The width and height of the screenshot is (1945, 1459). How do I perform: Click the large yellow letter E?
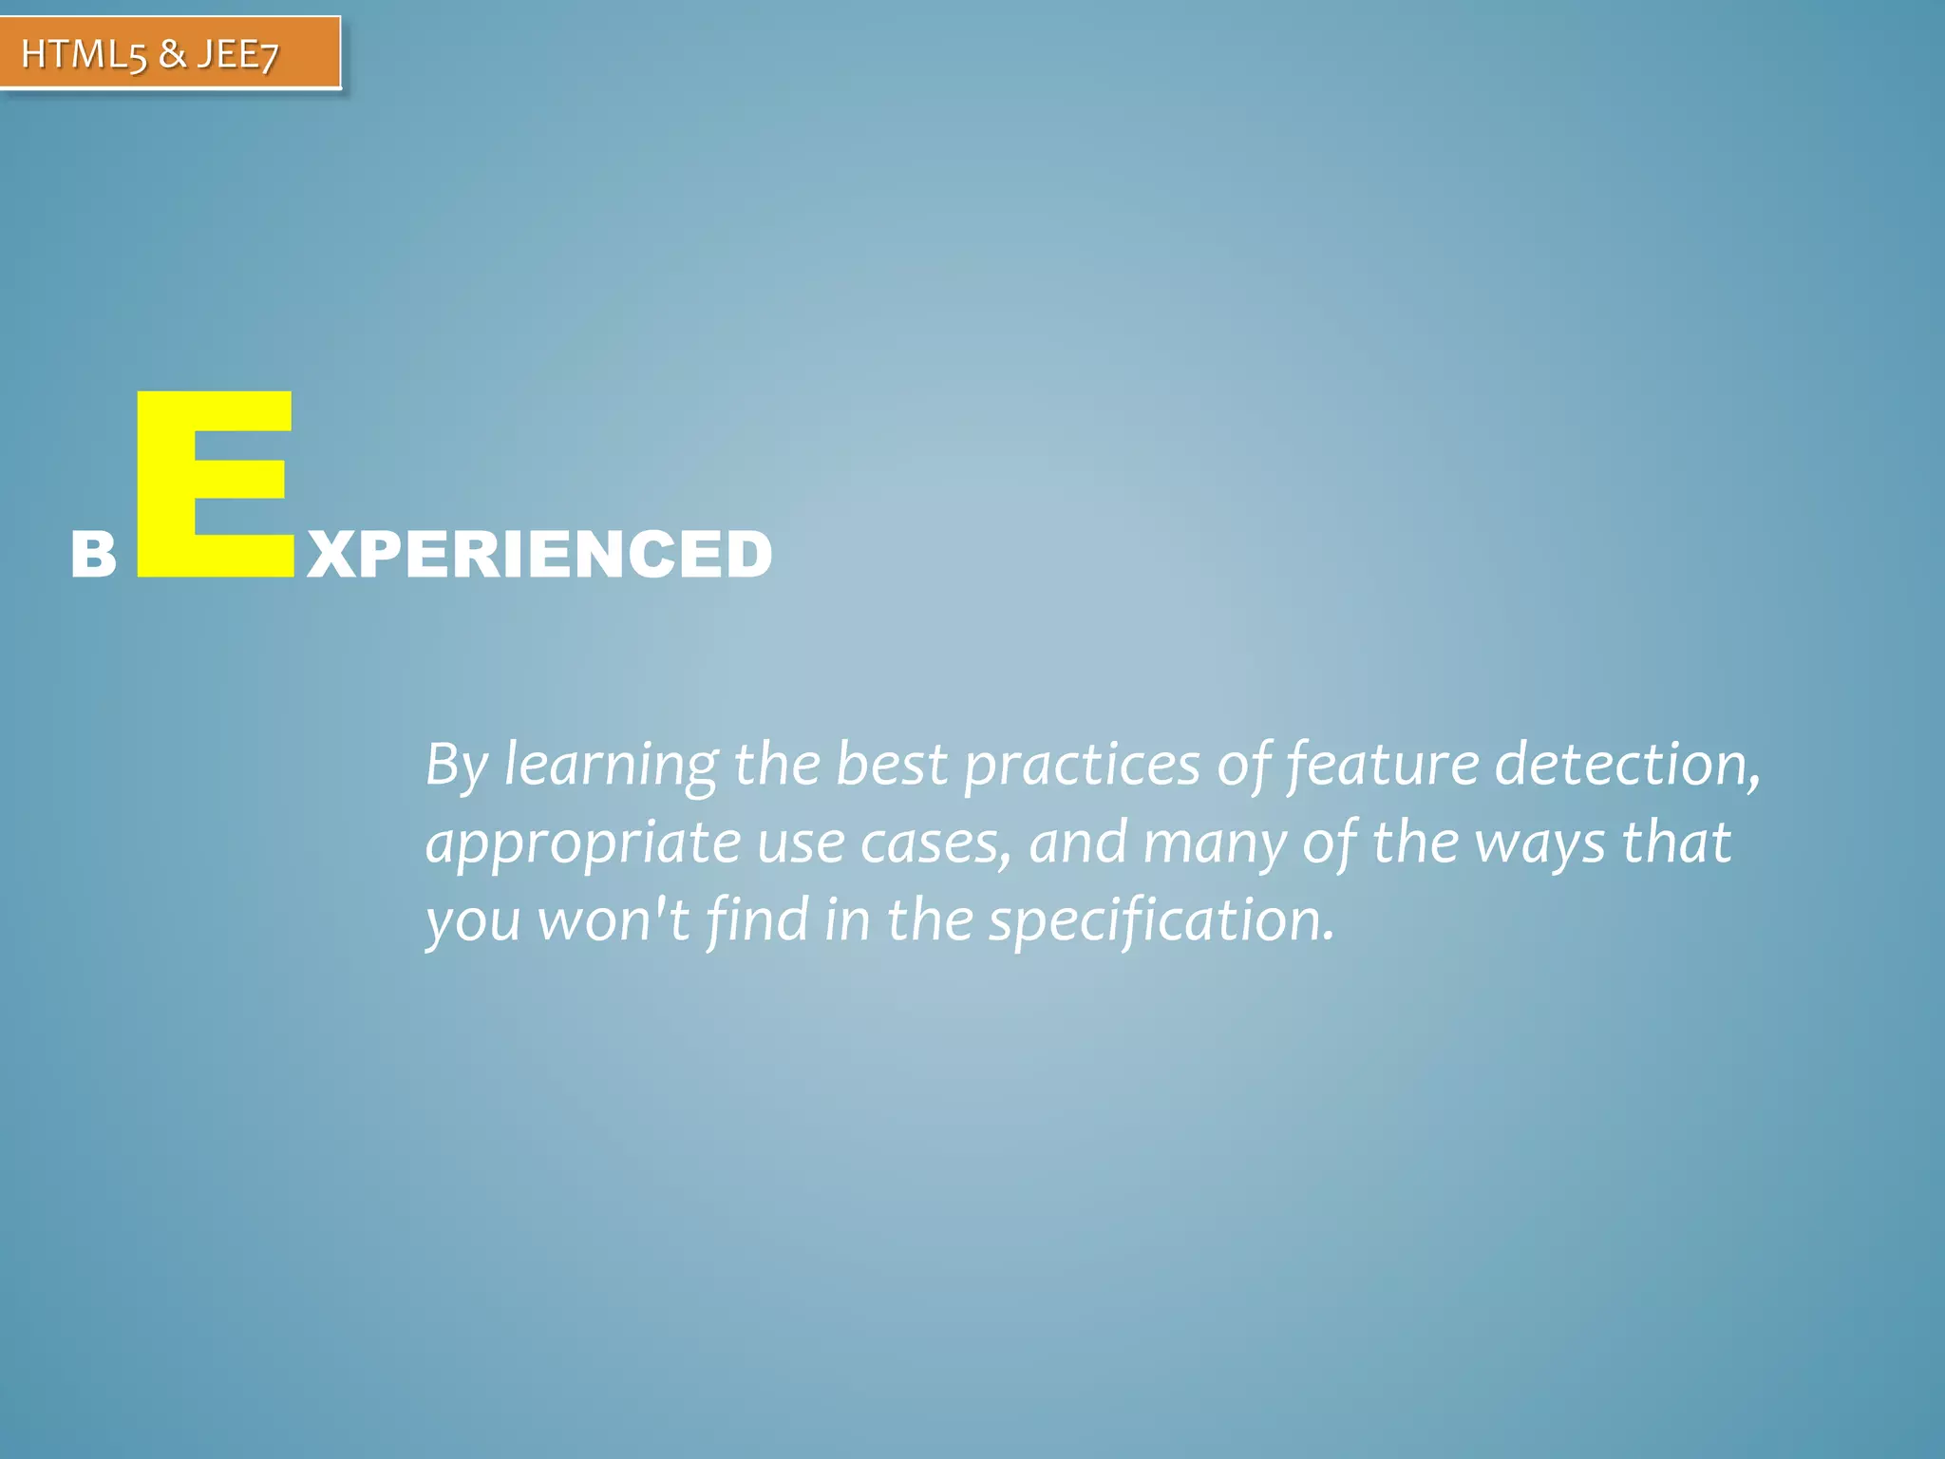click(x=214, y=484)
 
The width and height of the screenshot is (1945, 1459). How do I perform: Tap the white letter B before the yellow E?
click(x=93, y=555)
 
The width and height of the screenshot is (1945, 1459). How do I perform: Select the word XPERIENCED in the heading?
click(x=539, y=555)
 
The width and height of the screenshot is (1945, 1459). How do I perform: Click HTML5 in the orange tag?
click(x=84, y=54)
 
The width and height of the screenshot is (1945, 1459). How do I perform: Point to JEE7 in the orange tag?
click(x=237, y=54)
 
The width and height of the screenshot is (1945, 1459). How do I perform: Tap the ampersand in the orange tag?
click(x=172, y=54)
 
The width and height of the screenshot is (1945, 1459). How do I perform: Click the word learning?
click(x=611, y=765)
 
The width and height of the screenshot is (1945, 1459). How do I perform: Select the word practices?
click(x=1082, y=765)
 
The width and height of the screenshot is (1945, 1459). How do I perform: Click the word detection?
click(x=1627, y=765)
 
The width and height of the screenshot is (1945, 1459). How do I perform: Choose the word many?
click(x=1214, y=843)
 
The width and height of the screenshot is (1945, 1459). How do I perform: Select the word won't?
click(x=614, y=920)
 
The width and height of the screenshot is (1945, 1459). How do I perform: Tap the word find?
click(x=757, y=920)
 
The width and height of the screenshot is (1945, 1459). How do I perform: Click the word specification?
click(x=1161, y=920)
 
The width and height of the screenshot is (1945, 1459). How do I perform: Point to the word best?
click(x=891, y=765)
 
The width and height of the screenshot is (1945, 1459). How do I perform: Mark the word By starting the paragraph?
click(x=456, y=765)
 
